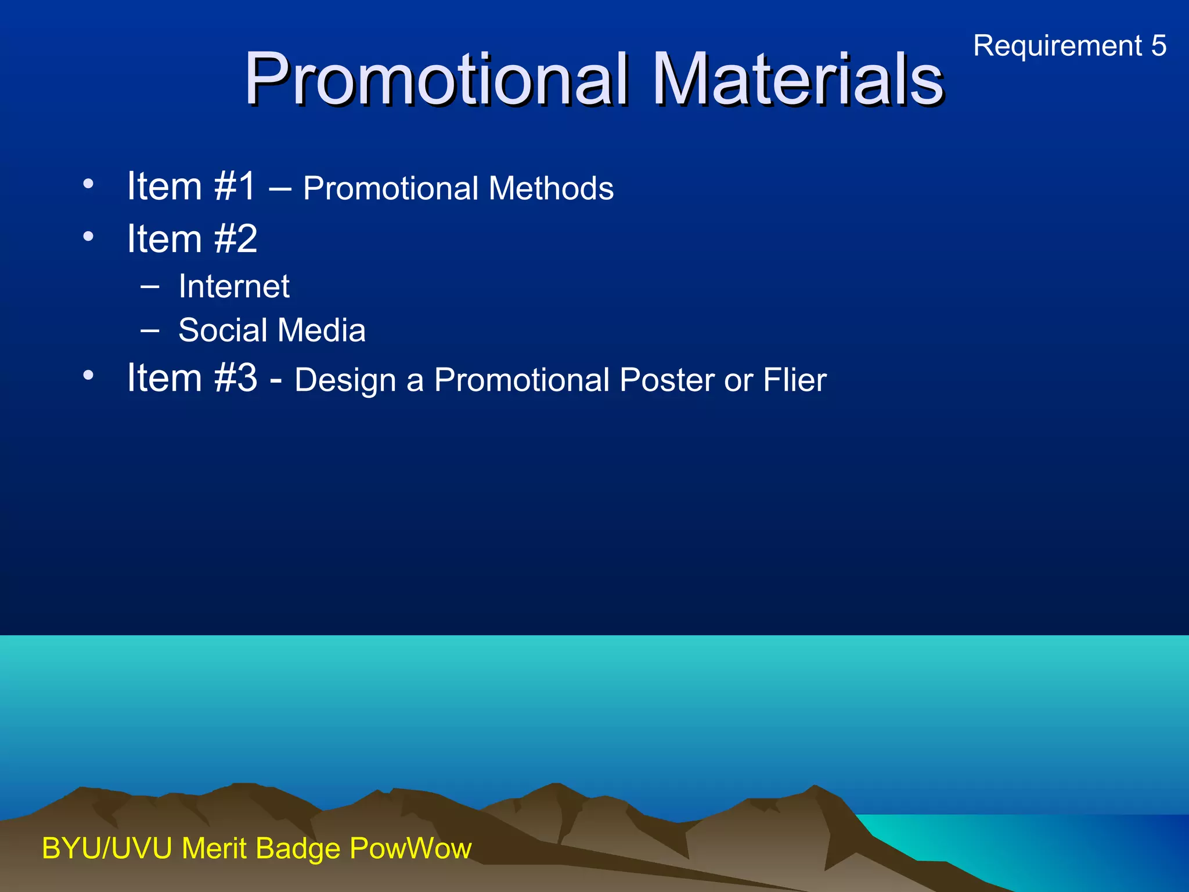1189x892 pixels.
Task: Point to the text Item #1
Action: tap(191, 186)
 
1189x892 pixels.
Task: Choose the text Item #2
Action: tap(192, 239)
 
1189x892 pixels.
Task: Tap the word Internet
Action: tap(233, 286)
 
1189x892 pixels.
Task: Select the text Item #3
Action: tap(192, 378)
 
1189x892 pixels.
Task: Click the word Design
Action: tap(345, 381)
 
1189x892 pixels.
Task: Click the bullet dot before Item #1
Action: tap(88, 184)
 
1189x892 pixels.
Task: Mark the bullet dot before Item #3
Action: tap(88, 375)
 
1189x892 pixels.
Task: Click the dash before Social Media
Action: tap(150, 330)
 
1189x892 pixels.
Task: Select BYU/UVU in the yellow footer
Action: tap(107, 848)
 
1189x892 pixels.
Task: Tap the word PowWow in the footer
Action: tap(410, 848)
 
